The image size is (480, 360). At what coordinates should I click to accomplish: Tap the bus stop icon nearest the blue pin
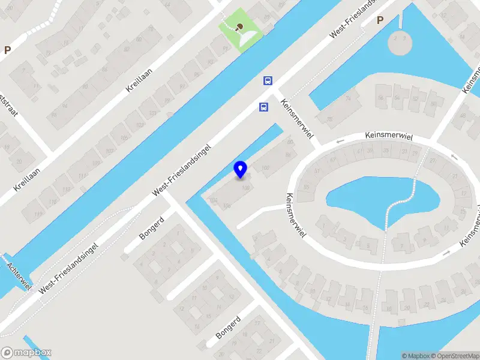point(263,107)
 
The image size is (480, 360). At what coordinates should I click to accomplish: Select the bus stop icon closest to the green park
point(268,80)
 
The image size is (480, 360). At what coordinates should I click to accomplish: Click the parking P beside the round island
point(379,20)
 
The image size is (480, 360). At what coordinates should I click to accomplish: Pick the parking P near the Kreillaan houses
point(7,50)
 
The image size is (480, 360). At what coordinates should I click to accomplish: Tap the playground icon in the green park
point(240,26)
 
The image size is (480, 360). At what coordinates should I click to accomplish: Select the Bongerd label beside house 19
point(228,328)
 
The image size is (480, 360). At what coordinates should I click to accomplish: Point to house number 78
point(330,119)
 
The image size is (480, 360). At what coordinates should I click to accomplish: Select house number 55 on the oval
point(307,188)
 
